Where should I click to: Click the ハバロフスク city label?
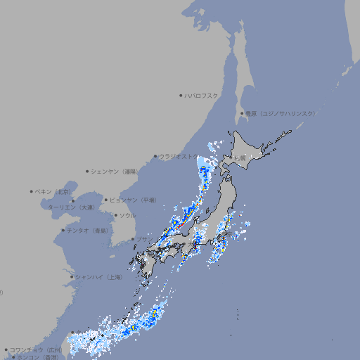point(202,95)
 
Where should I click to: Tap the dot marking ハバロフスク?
point(181,95)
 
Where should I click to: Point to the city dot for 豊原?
point(242,113)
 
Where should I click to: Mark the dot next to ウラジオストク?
point(155,157)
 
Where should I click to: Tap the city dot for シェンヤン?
point(87,171)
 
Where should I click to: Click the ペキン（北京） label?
point(55,191)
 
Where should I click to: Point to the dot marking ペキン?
point(32,191)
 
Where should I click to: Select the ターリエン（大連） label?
point(71,207)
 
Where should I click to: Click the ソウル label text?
point(127,215)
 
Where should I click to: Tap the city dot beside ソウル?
point(115,215)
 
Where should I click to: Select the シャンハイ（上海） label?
point(98,277)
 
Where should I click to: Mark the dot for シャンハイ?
point(72,277)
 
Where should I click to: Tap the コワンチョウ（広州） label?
point(36,349)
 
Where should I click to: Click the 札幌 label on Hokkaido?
point(240,157)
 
